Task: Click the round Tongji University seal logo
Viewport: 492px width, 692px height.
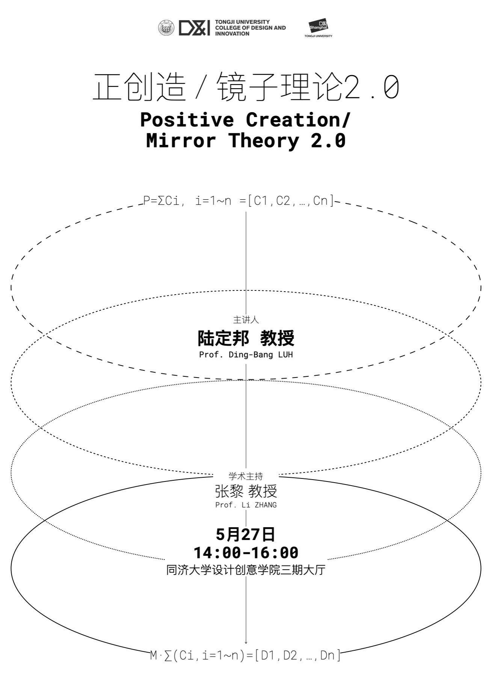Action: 166,28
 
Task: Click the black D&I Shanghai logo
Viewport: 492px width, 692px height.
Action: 318,26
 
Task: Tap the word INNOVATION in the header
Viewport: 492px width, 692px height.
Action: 232,34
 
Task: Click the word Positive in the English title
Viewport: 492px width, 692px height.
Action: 187,120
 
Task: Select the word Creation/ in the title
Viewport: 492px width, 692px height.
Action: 298,120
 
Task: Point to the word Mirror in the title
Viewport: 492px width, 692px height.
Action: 181,141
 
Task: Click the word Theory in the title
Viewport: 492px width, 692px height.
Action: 264,141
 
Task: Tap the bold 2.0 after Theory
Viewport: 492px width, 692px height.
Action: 328,141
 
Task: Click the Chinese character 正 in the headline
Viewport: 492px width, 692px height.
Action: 108,87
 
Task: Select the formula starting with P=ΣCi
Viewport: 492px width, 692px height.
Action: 239,201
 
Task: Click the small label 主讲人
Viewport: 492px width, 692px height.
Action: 246,320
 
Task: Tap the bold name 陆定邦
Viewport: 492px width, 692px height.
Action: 223,338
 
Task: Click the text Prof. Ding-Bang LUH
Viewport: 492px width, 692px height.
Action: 246,355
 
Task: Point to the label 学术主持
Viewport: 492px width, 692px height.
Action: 246,476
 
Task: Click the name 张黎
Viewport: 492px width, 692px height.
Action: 229,491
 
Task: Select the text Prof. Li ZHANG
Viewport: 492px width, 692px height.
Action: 246,505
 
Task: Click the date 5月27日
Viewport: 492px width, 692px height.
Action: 246,534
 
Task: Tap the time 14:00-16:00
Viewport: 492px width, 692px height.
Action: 246,553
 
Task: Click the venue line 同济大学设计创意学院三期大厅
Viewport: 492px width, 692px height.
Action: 246,570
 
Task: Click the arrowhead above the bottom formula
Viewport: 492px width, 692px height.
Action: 246,642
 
